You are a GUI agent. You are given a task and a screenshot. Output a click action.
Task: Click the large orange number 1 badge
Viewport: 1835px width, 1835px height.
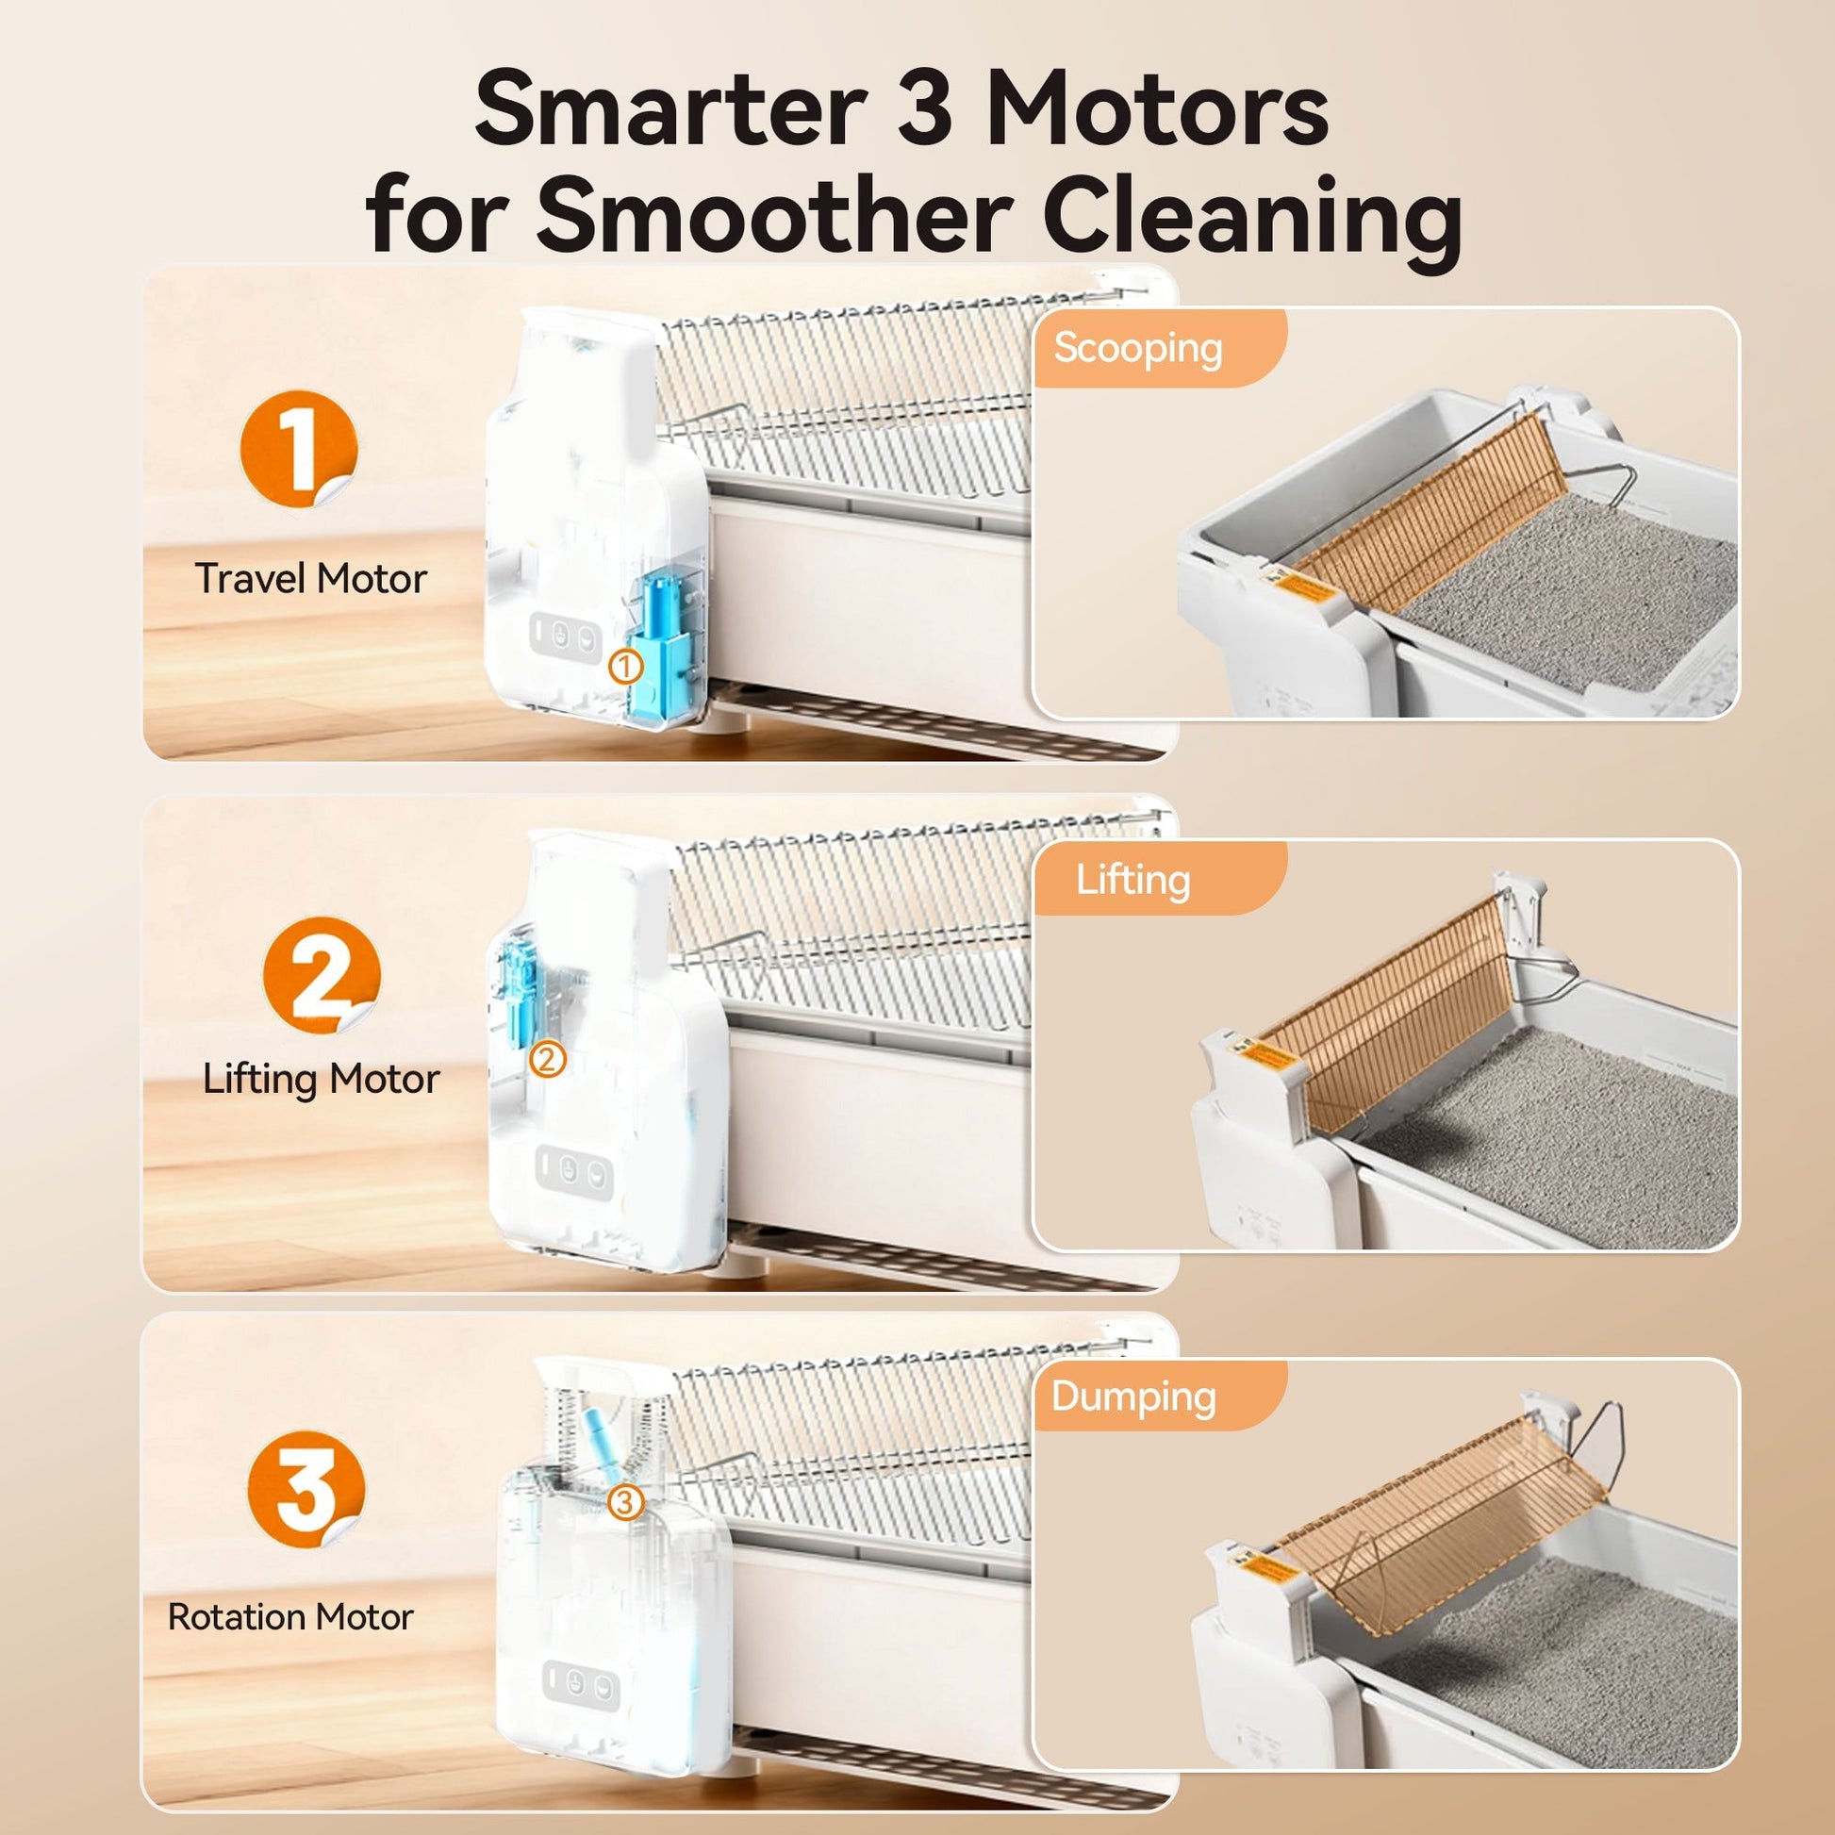(x=298, y=449)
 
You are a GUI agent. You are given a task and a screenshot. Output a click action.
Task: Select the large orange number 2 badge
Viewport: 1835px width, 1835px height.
(x=322, y=974)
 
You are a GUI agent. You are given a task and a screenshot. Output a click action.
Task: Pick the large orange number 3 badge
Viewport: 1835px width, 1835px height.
(x=306, y=1489)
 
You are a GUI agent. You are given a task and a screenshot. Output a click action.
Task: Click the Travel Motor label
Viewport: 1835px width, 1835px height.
(x=310, y=578)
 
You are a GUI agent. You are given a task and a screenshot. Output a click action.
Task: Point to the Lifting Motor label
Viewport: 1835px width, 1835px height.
(x=321, y=1080)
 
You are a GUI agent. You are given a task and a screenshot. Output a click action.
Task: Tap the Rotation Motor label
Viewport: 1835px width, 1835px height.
(x=290, y=1616)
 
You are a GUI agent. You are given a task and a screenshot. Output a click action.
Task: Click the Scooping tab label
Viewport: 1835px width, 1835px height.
(x=1138, y=350)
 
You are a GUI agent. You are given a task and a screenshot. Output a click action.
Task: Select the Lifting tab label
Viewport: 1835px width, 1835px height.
(x=1132, y=881)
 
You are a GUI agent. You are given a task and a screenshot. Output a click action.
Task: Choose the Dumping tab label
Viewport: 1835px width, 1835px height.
(x=1134, y=1398)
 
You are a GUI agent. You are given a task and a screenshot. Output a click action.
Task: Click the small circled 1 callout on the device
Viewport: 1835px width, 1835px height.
(x=625, y=668)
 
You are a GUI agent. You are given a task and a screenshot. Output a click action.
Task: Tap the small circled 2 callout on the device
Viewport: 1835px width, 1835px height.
(x=548, y=1059)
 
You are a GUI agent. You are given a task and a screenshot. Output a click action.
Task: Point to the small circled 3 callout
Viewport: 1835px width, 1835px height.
(x=625, y=1502)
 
